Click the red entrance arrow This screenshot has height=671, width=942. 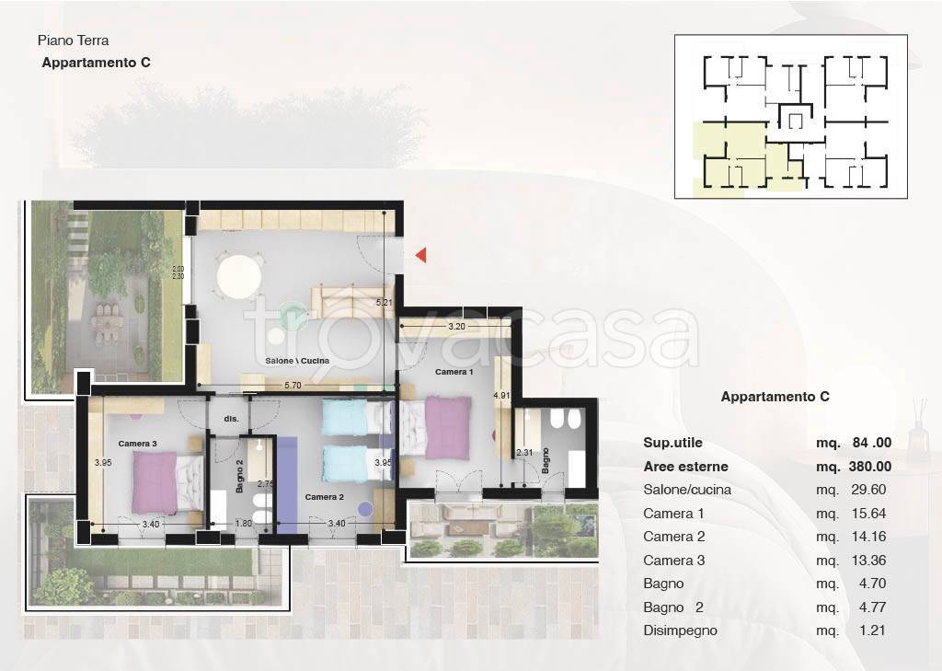pos(421,255)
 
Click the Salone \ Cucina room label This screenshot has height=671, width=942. pos(297,361)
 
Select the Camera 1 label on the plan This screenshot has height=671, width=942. pos(454,372)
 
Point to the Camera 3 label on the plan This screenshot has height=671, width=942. pos(138,444)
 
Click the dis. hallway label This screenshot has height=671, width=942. pos(231,419)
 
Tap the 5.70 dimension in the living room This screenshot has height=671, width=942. pos(293,386)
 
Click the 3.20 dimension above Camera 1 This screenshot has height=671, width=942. pos(456,327)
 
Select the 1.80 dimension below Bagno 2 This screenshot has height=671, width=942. pos(243,524)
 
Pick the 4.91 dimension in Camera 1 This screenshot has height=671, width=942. pos(501,396)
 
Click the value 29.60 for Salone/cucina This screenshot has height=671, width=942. pos(868,490)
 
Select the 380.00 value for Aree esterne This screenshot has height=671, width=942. pos(870,467)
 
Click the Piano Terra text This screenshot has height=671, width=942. pos(74,40)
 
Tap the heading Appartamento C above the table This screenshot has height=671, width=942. pos(775,397)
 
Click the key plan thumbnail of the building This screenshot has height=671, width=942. pos(790,117)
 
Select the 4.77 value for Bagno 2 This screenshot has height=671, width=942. pos(872,607)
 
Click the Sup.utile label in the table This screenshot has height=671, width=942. pos(672,443)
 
